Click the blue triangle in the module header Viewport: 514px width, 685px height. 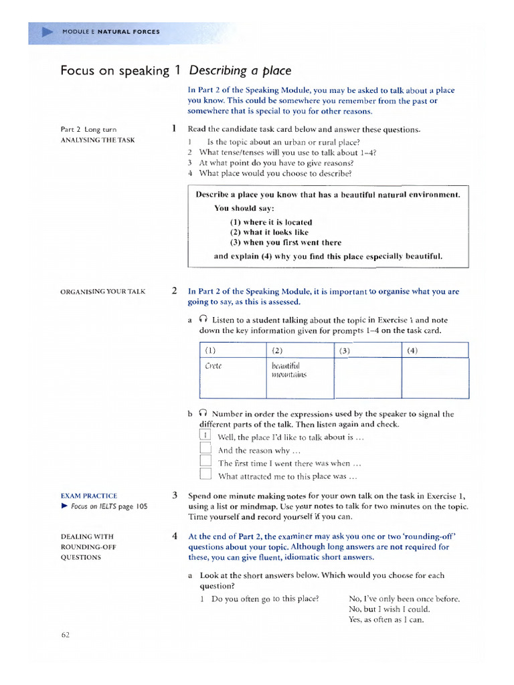coord(47,31)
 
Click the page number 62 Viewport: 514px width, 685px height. coord(66,635)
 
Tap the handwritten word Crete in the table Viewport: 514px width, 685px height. coord(212,366)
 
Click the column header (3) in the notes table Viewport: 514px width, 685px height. coord(345,351)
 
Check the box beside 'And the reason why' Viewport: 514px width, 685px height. coord(205,450)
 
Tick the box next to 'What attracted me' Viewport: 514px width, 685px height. coord(205,476)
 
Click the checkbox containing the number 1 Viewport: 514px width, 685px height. coord(205,437)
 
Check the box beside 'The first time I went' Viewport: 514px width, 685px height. coord(205,463)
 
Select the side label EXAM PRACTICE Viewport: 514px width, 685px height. coord(89,496)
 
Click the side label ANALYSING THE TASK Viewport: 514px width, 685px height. coord(98,140)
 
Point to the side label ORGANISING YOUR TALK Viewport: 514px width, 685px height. coord(103,292)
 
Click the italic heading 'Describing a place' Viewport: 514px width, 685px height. coord(240,70)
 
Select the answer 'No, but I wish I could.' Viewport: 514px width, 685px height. coord(390,609)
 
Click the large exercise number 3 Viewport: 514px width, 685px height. coord(174,496)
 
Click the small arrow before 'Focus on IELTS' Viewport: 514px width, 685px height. coord(64,506)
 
